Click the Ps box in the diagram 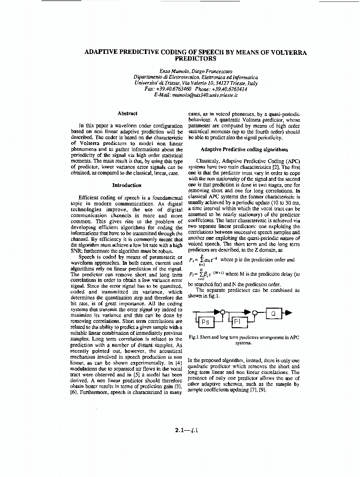(206, 322)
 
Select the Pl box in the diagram (238, 322)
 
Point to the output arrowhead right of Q (289, 313)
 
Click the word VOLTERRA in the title (283, 52)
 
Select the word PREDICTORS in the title (195, 59)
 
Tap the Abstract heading (127, 113)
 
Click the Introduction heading (126, 185)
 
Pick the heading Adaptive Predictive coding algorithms (244, 149)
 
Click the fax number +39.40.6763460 (174, 89)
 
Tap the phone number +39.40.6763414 (228, 89)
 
